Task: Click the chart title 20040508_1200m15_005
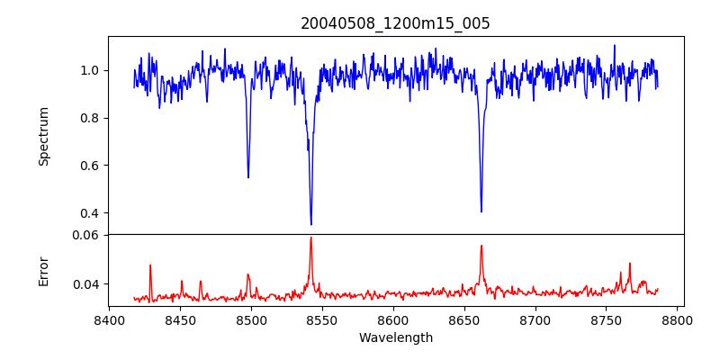click(x=395, y=23)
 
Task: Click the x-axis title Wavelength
click(x=395, y=337)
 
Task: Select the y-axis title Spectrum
click(x=44, y=136)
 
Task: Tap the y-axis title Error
click(x=44, y=270)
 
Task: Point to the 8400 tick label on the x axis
click(x=109, y=319)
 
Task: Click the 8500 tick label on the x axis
click(x=251, y=319)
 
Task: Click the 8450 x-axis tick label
click(x=180, y=319)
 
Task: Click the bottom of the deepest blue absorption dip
click(x=311, y=224)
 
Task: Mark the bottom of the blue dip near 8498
click(x=248, y=176)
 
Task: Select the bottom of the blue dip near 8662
click(x=481, y=211)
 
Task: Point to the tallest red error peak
click(x=311, y=238)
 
